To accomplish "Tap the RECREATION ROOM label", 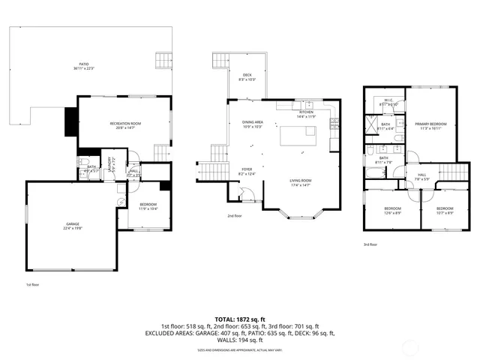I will click(126, 122).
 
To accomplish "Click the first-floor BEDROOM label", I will click(147, 204).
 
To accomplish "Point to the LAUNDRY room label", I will click(111, 163).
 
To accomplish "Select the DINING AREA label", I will click(252, 122).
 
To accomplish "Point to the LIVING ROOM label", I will click(301, 180).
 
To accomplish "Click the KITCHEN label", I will click(306, 112).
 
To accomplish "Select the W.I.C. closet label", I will click(389, 100).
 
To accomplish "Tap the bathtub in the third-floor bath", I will click(373, 176).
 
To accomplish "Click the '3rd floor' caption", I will click(370, 244).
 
